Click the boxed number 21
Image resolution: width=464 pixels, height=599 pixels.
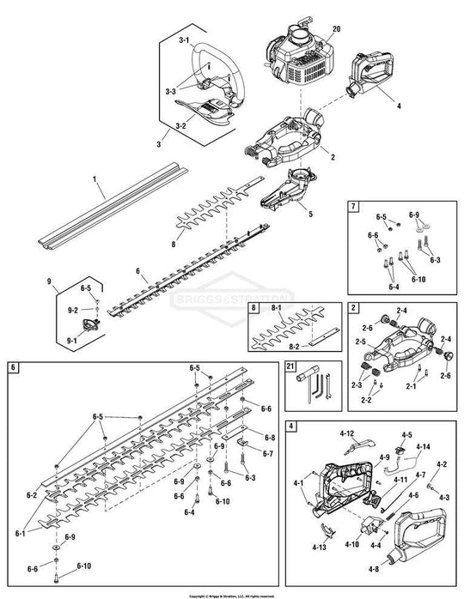click(x=290, y=366)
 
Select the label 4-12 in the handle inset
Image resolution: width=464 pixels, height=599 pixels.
click(x=346, y=433)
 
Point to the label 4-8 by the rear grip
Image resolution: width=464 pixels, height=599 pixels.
click(x=400, y=567)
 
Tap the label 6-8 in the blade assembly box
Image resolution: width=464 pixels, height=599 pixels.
click(x=269, y=437)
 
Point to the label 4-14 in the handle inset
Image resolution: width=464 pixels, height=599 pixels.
click(x=423, y=447)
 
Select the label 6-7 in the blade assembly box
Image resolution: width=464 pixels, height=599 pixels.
click(x=269, y=453)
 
